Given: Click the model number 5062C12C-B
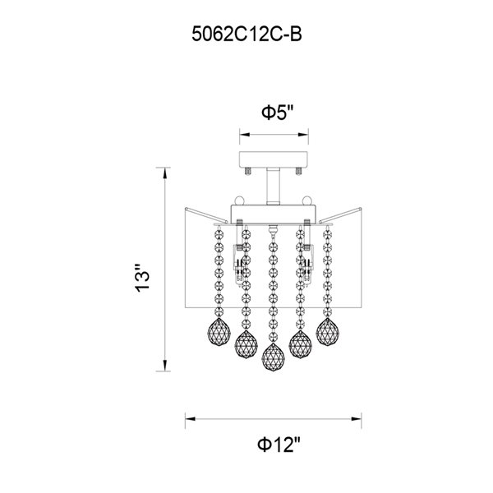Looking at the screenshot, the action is click(x=246, y=34).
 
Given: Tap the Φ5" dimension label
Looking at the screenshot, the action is click(x=278, y=113).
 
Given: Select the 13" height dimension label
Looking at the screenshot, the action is click(x=142, y=278).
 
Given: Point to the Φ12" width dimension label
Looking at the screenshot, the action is click(x=279, y=445).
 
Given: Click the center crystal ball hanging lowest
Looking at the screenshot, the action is click(x=274, y=357).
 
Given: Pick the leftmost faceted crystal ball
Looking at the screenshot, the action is click(x=219, y=332).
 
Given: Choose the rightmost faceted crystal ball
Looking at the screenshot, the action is click(x=327, y=332).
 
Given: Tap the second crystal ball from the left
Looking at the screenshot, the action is click(x=246, y=344).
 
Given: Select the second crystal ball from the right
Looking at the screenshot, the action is click(x=300, y=344).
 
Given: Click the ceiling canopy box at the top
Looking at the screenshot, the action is click(x=274, y=159).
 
